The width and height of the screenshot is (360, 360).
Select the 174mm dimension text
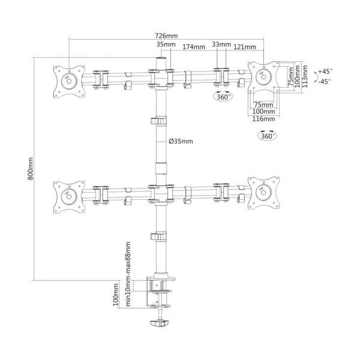[192, 46]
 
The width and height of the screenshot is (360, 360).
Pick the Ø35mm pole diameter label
[180, 141]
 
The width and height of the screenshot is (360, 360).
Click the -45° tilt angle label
[325, 81]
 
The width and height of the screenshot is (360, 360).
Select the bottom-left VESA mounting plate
[68, 193]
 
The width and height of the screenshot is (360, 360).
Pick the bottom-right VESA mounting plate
[263, 193]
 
